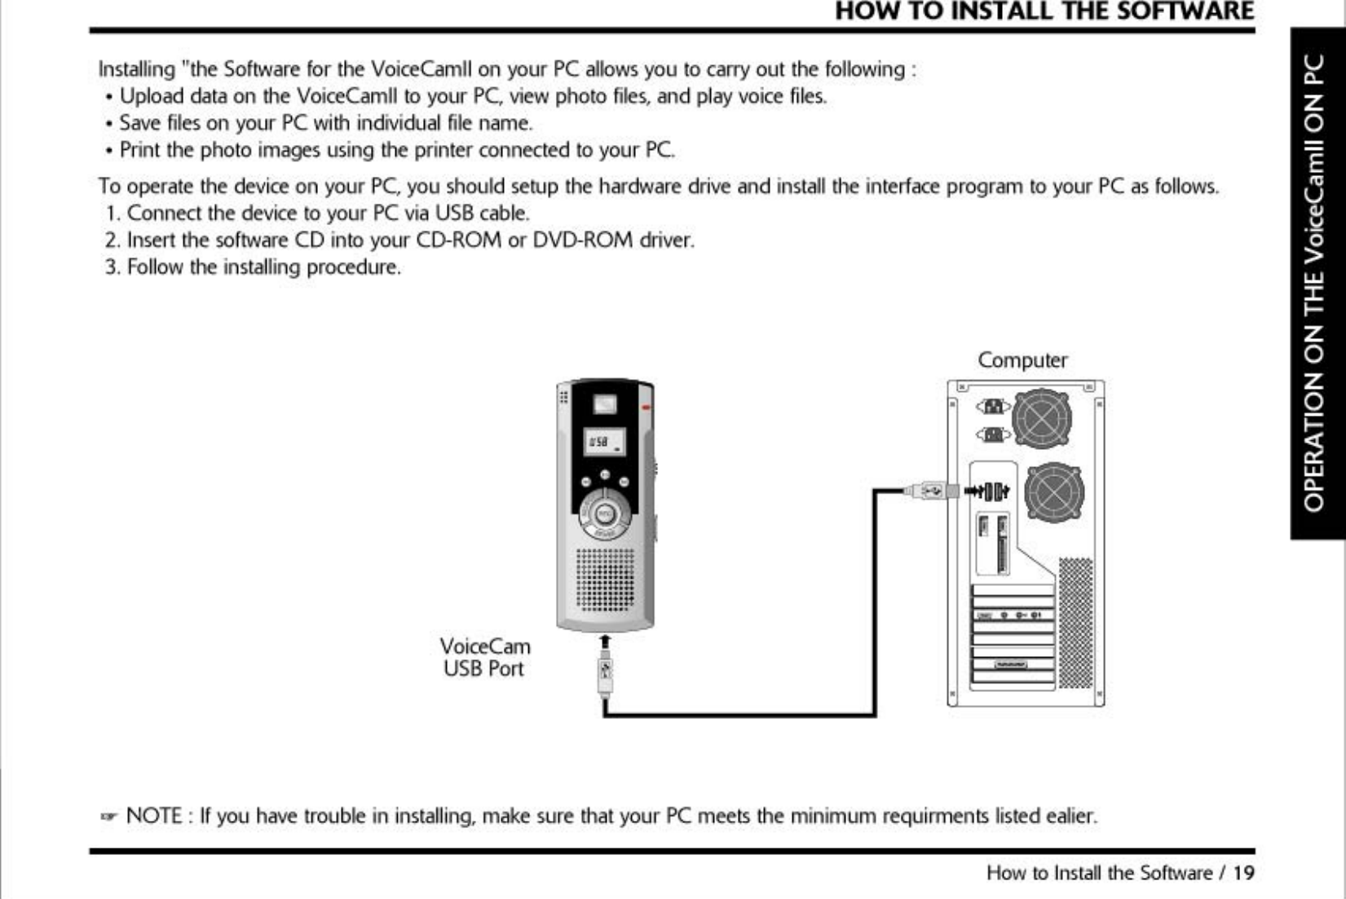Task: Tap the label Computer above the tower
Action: pyautogui.click(x=1022, y=360)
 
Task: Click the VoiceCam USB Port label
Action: pyautogui.click(x=485, y=658)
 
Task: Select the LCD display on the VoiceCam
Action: pyautogui.click(x=604, y=442)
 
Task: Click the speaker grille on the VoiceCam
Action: pyautogui.click(x=605, y=580)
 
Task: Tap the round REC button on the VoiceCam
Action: pyautogui.click(x=605, y=514)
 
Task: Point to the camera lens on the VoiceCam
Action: pyautogui.click(x=604, y=404)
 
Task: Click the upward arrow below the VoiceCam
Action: pyautogui.click(x=605, y=642)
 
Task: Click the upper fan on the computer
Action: pyautogui.click(x=1042, y=419)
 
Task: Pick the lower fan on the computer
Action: pyautogui.click(x=1054, y=492)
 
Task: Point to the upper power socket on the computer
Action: pyautogui.click(x=993, y=406)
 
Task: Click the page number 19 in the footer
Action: pyautogui.click(x=1243, y=873)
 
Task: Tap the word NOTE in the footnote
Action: pyautogui.click(x=154, y=816)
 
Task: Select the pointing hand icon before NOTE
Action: pyautogui.click(x=108, y=817)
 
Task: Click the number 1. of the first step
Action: pyautogui.click(x=113, y=214)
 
